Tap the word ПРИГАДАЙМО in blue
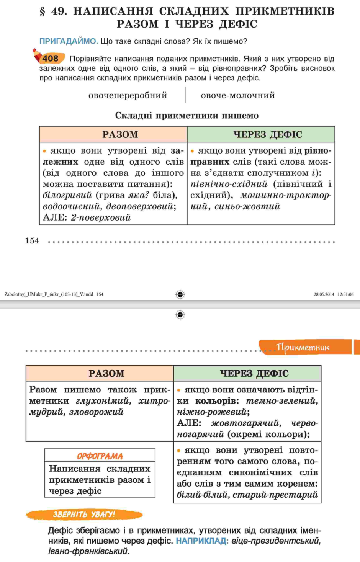tap(69, 41)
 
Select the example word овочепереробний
tap(128, 95)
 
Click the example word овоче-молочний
tap(238, 95)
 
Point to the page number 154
tap(32, 241)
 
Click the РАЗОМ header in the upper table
tap(120, 134)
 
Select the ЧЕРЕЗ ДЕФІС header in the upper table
tap(268, 134)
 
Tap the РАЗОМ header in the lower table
tap(106, 373)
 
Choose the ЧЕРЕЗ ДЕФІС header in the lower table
tap(254, 373)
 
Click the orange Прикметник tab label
tap(303, 347)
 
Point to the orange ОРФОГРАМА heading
tap(100, 456)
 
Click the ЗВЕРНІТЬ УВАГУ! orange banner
tap(84, 514)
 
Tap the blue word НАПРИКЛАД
tap(202, 541)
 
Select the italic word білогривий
tap(67, 195)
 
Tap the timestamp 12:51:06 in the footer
tap(345, 294)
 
